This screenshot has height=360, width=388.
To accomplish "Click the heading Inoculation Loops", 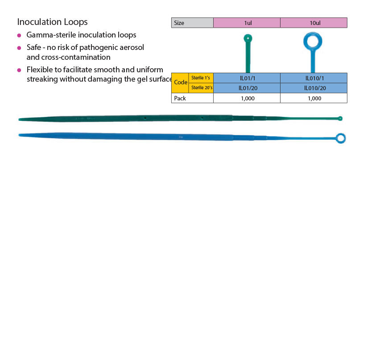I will click(52, 22).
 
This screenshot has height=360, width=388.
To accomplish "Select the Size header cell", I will click(192, 23).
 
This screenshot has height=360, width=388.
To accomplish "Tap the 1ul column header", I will click(247, 23).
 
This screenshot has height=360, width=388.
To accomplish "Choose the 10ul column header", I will click(314, 23).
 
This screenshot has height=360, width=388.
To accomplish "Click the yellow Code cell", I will click(180, 83).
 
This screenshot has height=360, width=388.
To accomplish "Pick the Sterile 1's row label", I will click(201, 78).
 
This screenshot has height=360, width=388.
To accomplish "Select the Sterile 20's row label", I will click(201, 88).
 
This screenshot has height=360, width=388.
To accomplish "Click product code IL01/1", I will click(247, 78).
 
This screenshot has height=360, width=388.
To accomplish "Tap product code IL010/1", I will click(314, 78).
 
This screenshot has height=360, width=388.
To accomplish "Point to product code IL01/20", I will click(247, 88).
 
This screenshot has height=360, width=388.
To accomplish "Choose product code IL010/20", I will click(314, 88).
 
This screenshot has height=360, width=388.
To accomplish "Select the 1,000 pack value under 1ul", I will click(247, 98).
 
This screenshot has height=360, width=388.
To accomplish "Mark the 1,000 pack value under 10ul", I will click(314, 98).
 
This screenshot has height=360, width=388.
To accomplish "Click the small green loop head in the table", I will click(248, 38).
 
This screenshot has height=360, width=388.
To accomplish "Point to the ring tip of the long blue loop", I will click(340, 138).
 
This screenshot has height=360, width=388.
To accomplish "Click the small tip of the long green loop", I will click(340, 118).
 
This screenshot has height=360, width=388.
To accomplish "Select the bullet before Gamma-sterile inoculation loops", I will click(19, 35).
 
